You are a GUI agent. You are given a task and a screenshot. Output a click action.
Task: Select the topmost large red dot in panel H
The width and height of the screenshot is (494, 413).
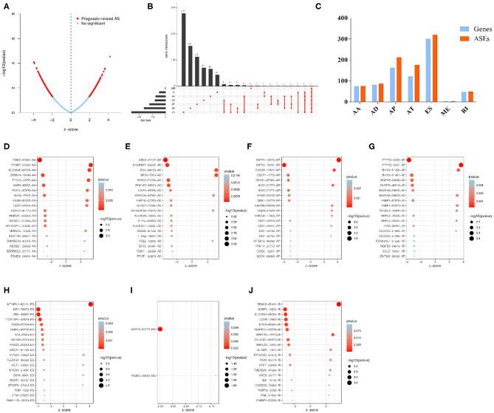tap(91, 284)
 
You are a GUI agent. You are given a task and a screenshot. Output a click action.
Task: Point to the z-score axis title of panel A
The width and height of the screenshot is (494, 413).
tap(71, 119)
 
